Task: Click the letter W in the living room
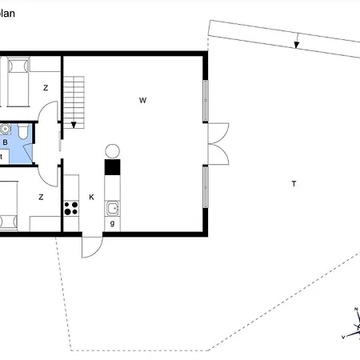pos(142,100)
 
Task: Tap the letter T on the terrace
pos(294,184)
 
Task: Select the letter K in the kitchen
pos(91,196)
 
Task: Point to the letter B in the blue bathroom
pos(6,142)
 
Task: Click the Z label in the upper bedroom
pos(46,87)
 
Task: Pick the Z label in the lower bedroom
pos(41,196)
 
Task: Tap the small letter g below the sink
pos(113,224)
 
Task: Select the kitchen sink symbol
pos(114,208)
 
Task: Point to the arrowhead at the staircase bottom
pos(74,124)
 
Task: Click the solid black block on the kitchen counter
pos(112,167)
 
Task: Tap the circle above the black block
pos(112,150)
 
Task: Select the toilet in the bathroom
pos(24,132)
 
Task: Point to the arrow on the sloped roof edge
pos(296,42)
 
